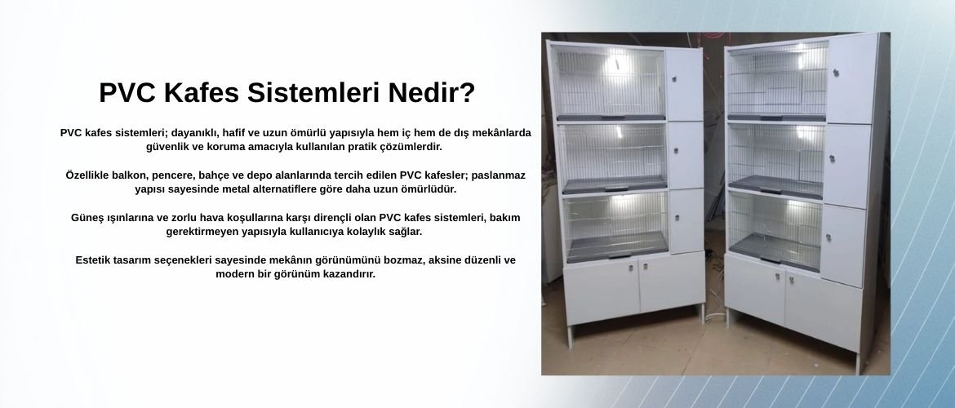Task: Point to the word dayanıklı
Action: tap(193, 133)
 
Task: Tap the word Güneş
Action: tap(87, 217)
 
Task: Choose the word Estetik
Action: tap(94, 260)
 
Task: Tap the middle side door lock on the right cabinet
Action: tap(832, 158)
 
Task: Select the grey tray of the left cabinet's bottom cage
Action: tap(617, 247)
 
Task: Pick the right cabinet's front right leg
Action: tap(859, 363)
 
